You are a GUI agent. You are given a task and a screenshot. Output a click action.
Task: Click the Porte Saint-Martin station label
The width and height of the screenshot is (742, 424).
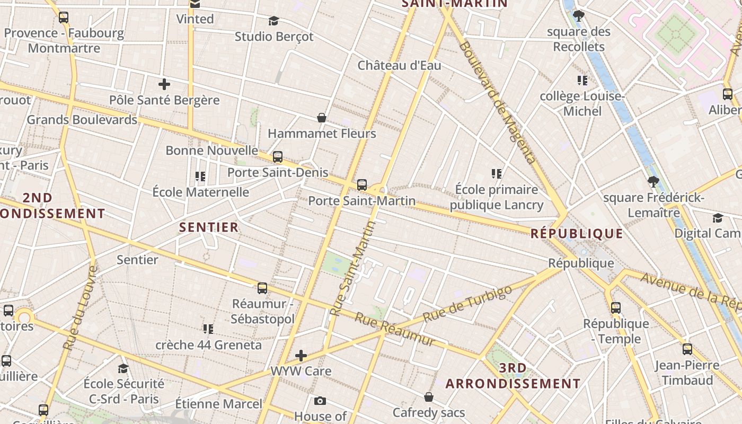(x=362, y=201)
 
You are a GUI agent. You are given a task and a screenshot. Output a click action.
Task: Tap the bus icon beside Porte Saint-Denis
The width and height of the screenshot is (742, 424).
(x=277, y=157)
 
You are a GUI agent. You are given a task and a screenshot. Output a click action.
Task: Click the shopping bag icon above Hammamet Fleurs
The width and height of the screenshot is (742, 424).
(x=321, y=117)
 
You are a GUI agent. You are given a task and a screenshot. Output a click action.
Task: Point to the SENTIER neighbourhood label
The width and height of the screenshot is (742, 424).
(x=209, y=228)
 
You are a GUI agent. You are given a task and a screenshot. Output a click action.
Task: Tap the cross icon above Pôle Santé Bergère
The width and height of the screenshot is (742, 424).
(x=164, y=84)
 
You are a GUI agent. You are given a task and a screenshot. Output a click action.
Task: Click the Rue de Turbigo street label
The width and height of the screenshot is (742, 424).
(x=468, y=304)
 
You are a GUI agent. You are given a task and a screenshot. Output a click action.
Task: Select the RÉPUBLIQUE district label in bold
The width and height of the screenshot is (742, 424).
(x=577, y=234)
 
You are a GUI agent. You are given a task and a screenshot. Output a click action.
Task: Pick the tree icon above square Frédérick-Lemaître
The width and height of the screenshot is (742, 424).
(x=653, y=182)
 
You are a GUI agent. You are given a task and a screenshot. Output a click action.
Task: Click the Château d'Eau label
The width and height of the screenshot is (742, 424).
(x=399, y=66)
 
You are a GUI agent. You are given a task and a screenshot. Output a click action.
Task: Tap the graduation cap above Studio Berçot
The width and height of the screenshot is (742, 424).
(x=273, y=21)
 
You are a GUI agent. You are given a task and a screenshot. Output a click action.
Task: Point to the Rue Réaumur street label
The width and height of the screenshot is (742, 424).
(x=395, y=329)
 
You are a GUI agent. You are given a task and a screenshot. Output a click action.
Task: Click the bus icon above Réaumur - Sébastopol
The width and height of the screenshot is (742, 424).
(x=262, y=288)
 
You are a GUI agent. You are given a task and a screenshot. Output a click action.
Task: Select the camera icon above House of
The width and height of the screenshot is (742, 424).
(x=320, y=401)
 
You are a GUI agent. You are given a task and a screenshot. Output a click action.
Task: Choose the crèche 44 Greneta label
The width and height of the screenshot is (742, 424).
(x=208, y=345)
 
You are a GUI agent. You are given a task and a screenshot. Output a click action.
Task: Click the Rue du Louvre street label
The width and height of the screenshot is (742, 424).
(x=81, y=308)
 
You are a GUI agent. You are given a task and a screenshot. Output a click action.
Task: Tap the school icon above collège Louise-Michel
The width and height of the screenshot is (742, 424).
(x=582, y=81)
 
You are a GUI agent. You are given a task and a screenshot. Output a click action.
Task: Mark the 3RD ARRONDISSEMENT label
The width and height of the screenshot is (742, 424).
(x=513, y=376)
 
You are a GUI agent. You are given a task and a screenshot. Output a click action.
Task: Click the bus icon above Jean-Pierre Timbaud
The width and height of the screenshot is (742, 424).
(x=687, y=349)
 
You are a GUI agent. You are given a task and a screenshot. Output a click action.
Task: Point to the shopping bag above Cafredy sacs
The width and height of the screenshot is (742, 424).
(x=429, y=397)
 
